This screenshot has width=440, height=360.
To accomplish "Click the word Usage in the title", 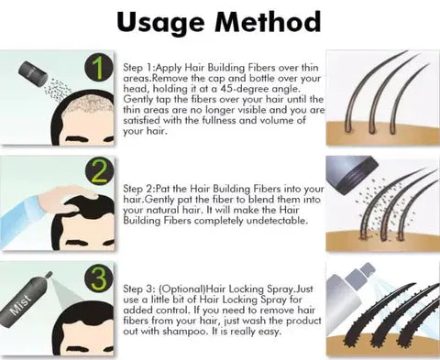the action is coord(160,23).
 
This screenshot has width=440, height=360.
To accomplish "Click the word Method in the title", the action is coord(268,21).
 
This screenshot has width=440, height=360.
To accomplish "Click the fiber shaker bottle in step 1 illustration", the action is coord(33,73).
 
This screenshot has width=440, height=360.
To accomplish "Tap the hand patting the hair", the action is coord(65,199).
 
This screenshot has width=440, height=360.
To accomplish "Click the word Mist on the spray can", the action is coord(21,304).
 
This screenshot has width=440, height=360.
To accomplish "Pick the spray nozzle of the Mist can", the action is coord(49,275).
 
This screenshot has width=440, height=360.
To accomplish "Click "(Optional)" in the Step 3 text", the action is coord(182,289).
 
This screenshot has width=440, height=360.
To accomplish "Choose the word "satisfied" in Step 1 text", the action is coord(142,120).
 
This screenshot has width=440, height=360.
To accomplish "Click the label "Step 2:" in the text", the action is coord(138,189).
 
